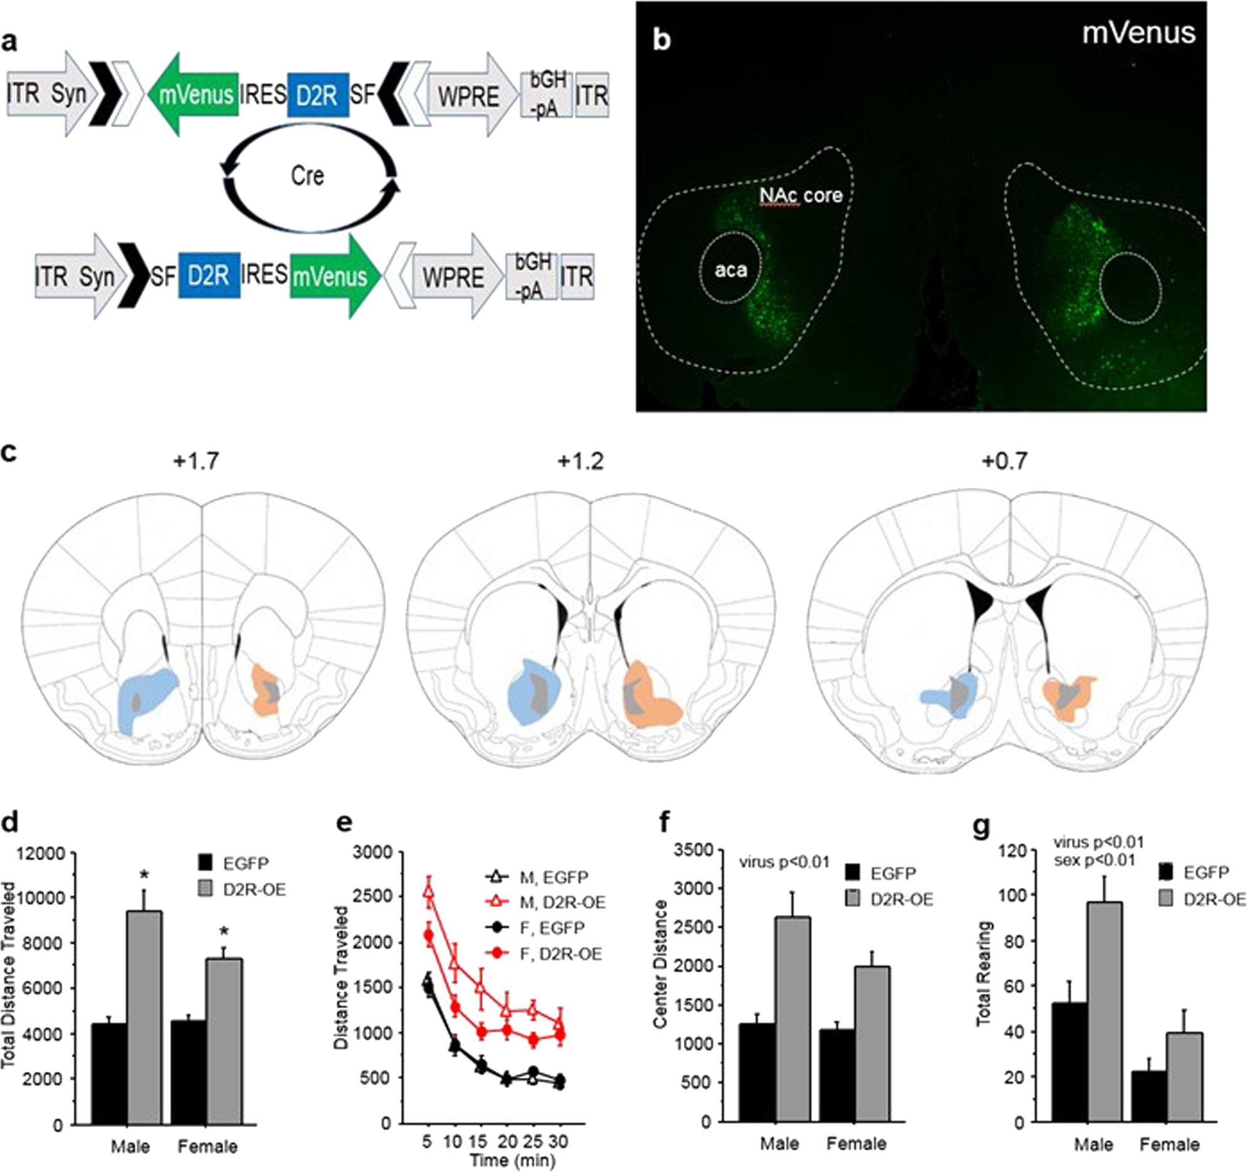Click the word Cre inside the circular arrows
point(307,176)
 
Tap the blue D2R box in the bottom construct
point(209,276)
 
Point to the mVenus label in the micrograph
point(1139,33)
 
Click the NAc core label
point(801,196)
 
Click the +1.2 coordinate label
point(580,461)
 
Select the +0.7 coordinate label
point(1004,461)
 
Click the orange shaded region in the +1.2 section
point(653,696)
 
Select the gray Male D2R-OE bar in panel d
point(145,1003)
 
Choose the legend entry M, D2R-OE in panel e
point(545,1091)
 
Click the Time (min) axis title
point(512,1161)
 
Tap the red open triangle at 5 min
point(428,1079)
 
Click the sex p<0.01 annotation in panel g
point(1095,861)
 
